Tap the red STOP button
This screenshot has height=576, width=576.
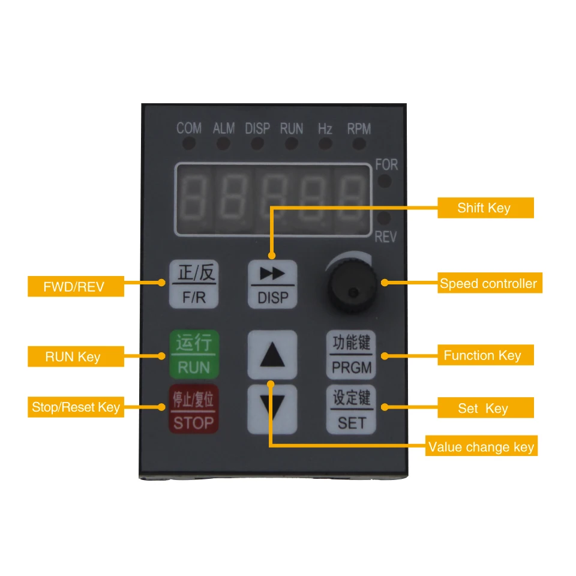tap(194, 409)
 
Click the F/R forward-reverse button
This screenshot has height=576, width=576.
tap(194, 284)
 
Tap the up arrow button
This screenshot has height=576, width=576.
tap(272, 355)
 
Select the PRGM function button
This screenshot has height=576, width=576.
tap(351, 355)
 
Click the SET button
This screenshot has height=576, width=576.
tap(351, 409)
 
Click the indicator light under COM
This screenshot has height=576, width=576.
tap(189, 143)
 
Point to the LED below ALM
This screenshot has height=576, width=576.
tap(223, 143)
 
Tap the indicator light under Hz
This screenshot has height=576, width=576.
tap(325, 143)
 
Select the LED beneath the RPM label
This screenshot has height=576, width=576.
tap(359, 143)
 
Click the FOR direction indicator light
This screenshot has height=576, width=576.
tap(385, 181)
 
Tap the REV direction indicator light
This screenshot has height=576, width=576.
tap(384, 218)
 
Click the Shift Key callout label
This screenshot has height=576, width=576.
tap(485, 208)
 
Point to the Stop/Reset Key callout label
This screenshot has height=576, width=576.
tap(76, 407)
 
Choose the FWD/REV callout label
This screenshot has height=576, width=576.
tap(76, 286)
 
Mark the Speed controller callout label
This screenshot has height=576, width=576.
tap(490, 283)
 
